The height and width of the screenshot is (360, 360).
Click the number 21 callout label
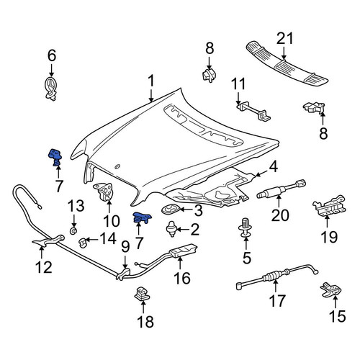(x=284, y=39)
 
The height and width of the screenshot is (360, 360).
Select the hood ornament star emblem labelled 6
(x=51, y=89)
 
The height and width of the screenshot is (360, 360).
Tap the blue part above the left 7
(x=55, y=157)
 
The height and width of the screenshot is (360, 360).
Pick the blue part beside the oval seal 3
(x=142, y=217)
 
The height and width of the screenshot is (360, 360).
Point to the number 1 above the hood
(x=151, y=81)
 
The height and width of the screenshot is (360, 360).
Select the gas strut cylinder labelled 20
(x=282, y=189)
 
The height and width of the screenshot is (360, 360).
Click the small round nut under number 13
(x=73, y=231)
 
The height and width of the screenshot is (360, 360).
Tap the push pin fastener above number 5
(x=246, y=228)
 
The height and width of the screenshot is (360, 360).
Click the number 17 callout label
(x=277, y=301)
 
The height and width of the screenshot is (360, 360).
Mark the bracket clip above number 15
(x=331, y=289)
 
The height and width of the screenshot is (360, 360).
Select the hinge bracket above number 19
(x=329, y=206)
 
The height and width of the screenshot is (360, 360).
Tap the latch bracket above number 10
(x=103, y=192)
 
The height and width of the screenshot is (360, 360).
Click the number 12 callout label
(x=43, y=267)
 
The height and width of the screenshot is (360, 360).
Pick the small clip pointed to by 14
(x=83, y=243)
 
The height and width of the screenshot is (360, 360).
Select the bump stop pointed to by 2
(x=171, y=228)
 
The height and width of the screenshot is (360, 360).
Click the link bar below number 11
(x=253, y=111)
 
